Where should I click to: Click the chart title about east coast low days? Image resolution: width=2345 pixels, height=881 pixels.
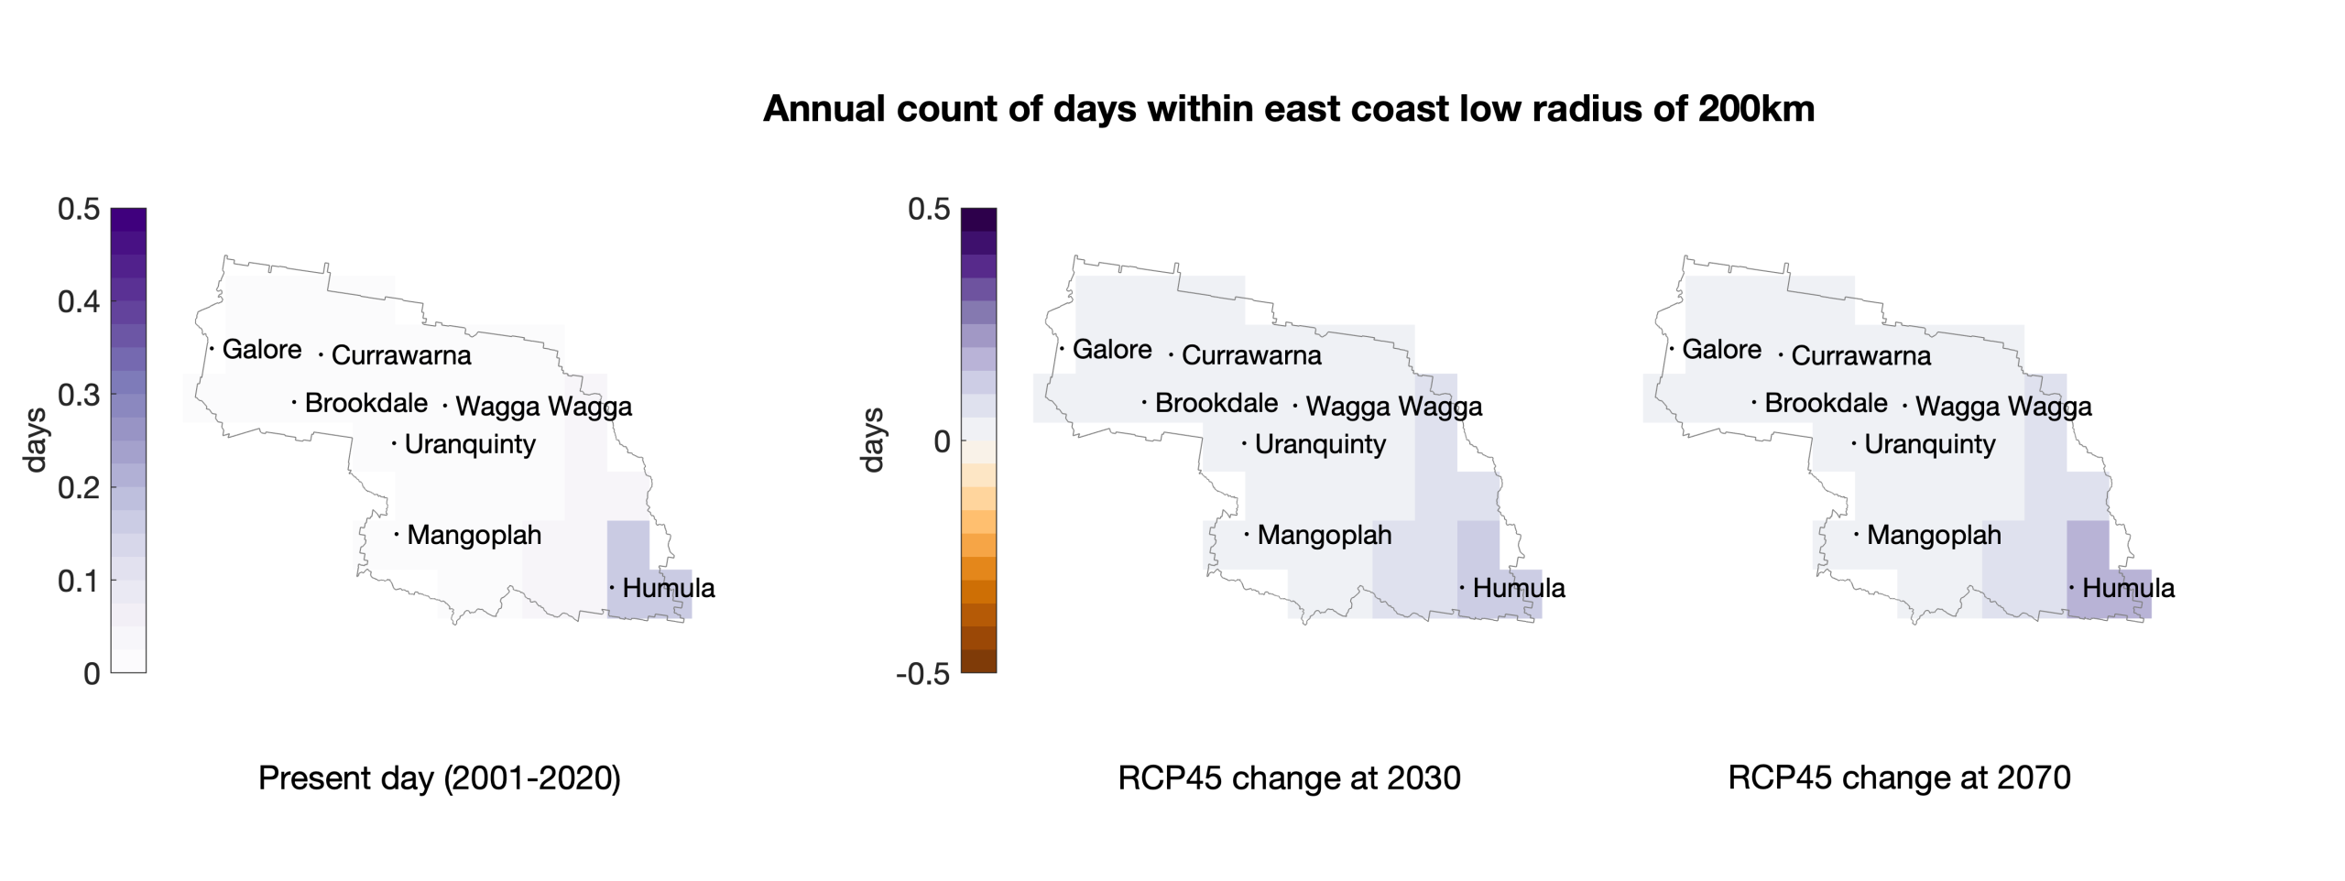[x=1289, y=109]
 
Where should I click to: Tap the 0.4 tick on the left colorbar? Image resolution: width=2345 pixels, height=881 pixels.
[x=79, y=301]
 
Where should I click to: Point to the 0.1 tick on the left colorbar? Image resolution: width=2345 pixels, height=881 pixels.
[x=79, y=581]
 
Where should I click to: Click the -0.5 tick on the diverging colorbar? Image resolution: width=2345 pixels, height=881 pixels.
[x=922, y=674]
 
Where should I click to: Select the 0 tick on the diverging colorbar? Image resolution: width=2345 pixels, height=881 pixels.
[x=942, y=441]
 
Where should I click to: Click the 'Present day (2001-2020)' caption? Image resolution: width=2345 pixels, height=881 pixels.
[x=440, y=778]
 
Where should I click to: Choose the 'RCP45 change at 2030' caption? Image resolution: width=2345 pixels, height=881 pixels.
[x=1289, y=778]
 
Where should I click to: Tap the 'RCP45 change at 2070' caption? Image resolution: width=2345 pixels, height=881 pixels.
[x=1899, y=778]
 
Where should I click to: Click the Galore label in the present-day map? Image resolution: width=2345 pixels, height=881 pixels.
[x=262, y=349]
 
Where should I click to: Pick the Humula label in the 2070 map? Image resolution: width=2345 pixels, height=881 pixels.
[x=2128, y=588]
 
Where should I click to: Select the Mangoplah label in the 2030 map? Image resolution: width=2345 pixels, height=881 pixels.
[x=1324, y=535]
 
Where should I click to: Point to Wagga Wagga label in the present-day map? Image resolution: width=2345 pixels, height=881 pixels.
[x=543, y=406]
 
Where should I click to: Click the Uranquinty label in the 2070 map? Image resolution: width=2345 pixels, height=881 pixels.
[x=1929, y=444]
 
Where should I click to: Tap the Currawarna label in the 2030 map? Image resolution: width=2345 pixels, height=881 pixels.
[x=1251, y=355]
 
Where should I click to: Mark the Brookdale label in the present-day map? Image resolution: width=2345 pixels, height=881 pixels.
[x=365, y=403]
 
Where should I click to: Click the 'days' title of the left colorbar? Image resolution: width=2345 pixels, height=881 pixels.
[x=35, y=440]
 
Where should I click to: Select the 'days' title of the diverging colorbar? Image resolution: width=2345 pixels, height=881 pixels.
[x=873, y=440]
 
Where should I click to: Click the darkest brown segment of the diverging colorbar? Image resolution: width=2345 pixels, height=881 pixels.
[x=978, y=661]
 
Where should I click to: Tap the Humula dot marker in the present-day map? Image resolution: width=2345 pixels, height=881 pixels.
[x=612, y=587]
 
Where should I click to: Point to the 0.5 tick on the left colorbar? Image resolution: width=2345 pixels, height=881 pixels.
[x=79, y=209]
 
